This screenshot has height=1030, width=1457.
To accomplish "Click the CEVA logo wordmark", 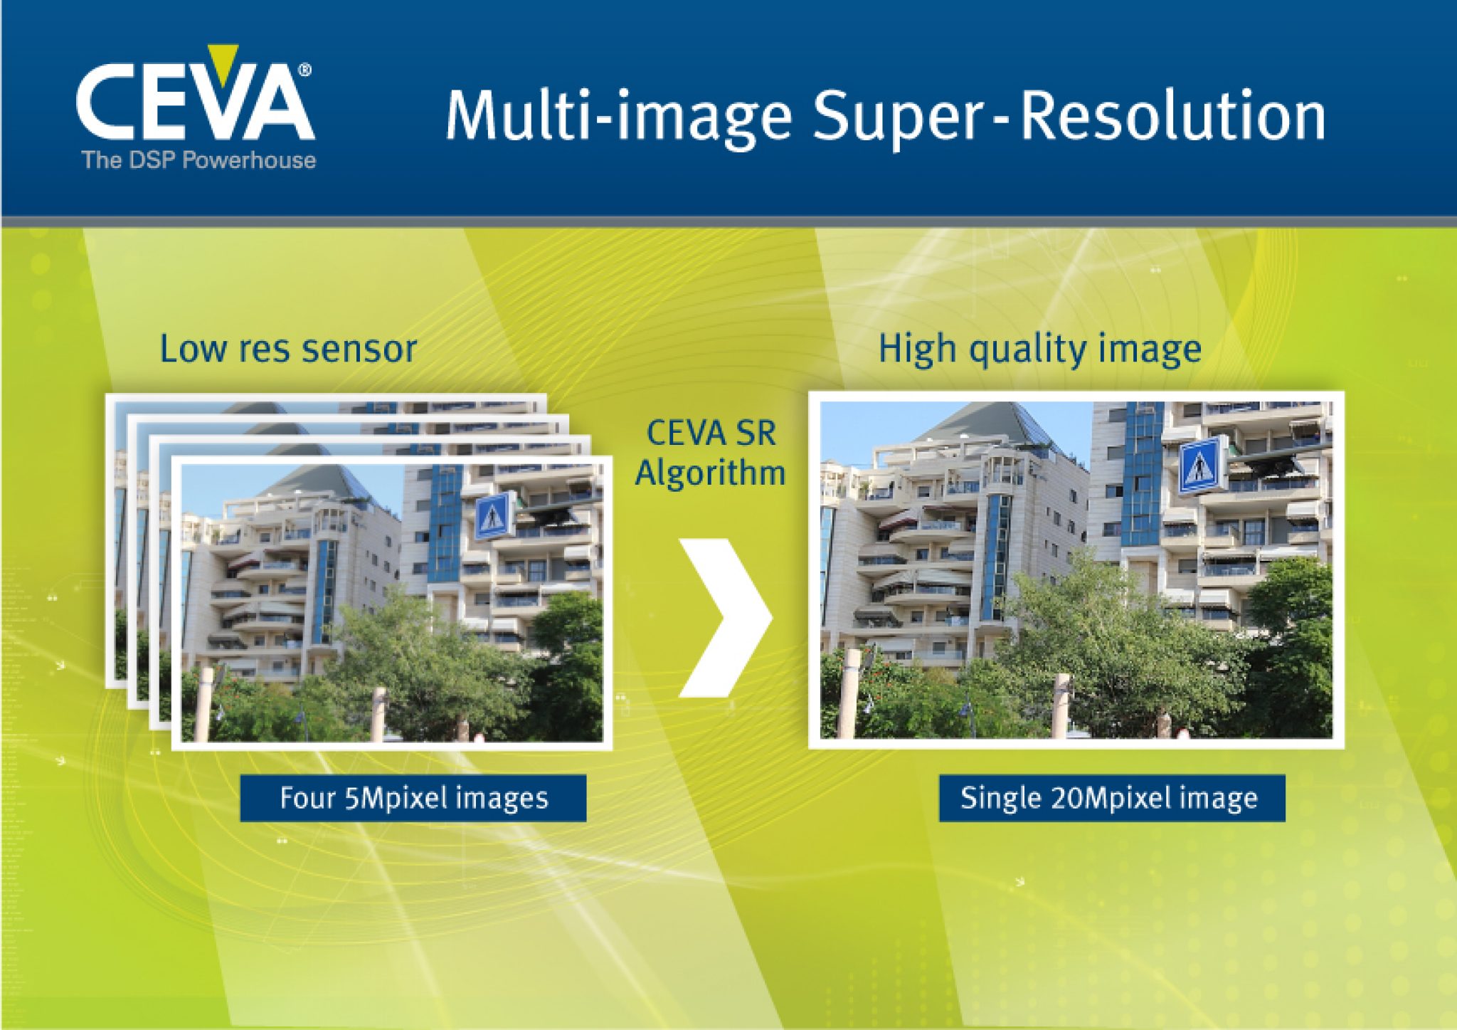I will pyautogui.click(x=194, y=103).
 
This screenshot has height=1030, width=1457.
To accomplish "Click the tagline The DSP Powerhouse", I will pyautogui.click(x=198, y=159).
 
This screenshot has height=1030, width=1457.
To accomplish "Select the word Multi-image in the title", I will pyautogui.click(x=618, y=116).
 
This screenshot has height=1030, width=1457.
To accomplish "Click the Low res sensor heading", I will pyautogui.click(x=288, y=349).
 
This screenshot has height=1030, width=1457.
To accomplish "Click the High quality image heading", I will pyautogui.click(x=1039, y=350).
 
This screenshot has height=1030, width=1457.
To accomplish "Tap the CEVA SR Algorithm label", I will pyautogui.click(x=711, y=453).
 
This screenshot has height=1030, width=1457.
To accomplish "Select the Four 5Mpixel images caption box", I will pyautogui.click(x=413, y=798).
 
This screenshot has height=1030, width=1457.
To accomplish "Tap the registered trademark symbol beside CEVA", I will pyautogui.click(x=304, y=70).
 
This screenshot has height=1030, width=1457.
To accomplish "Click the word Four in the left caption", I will pyautogui.click(x=307, y=798).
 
